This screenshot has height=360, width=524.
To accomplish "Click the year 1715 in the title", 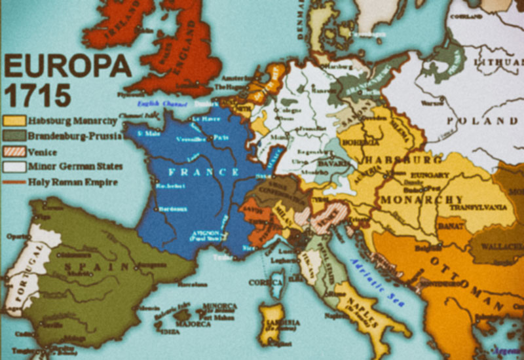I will click(x=37, y=96).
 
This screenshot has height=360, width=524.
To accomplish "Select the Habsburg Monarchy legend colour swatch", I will click(x=14, y=121).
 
